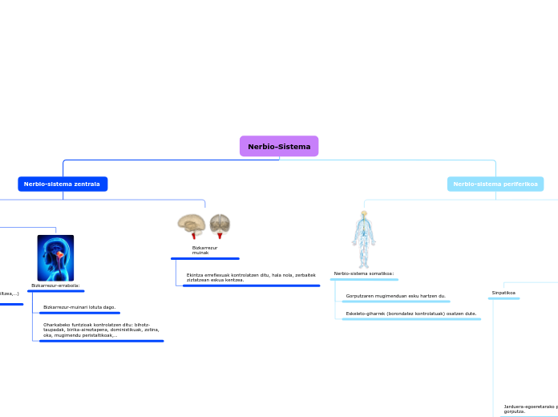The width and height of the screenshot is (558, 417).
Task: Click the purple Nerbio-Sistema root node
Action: pos(279,146)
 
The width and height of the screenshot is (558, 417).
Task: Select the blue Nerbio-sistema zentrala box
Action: pos(63,184)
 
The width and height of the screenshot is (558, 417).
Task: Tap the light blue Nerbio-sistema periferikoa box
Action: pos(495,184)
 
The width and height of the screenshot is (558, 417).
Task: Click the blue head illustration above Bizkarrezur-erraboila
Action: pos(55,257)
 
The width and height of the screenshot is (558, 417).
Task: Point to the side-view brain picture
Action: pos(192,225)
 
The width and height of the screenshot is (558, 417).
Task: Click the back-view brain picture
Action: pos(220,225)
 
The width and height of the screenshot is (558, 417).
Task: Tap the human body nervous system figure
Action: pos(364,239)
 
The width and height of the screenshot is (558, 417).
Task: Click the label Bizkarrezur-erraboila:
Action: pos(55,285)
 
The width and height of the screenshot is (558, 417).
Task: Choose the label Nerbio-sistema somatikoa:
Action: pos(364,273)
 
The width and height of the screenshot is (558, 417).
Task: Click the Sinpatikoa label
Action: pos(503,293)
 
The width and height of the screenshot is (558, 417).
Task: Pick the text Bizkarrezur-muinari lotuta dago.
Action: pos(79,307)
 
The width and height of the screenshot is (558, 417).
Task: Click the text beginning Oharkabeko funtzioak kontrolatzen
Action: pos(101,330)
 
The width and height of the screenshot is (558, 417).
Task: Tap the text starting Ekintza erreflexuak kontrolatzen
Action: pos(251,277)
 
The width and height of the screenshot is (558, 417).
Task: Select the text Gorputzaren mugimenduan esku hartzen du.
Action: pos(396,296)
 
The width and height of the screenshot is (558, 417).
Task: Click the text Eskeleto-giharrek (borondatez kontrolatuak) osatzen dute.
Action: pos(411,314)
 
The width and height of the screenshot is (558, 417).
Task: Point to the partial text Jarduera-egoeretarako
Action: pos(529,408)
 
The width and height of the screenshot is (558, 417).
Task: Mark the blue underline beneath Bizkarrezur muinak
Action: pos(204,258)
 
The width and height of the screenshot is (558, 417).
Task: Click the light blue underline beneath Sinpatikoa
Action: pos(503,298)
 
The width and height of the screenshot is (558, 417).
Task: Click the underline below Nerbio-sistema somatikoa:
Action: pos(364,279)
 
